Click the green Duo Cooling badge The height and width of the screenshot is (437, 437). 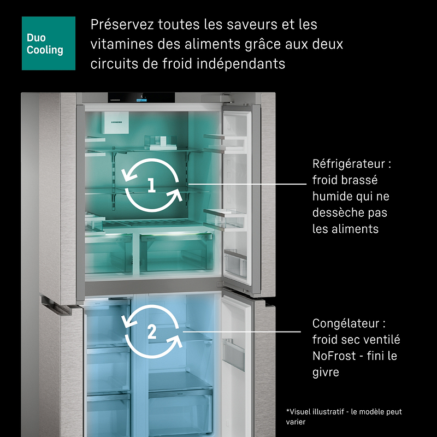pyautogui.click(x=49, y=43)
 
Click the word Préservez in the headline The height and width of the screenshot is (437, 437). pyautogui.click(x=122, y=24)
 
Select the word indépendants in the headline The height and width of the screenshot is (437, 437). pyautogui.click(x=241, y=64)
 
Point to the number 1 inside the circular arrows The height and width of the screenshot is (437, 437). pyautogui.click(x=151, y=185)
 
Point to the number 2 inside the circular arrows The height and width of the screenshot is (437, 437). pyautogui.click(x=152, y=332)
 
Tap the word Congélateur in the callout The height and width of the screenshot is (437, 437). pyautogui.click(x=346, y=323)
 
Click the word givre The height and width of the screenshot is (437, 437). pyautogui.click(x=326, y=373)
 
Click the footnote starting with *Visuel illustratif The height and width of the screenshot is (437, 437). pyautogui.click(x=344, y=417)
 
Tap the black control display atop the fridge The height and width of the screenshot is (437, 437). pyautogui.click(x=141, y=98)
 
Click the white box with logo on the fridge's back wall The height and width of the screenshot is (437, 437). pyautogui.click(x=115, y=122)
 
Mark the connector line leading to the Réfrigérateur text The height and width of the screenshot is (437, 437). pyautogui.click(x=247, y=184)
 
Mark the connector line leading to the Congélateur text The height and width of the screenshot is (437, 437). pyautogui.click(x=242, y=332)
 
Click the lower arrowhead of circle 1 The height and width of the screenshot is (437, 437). pyautogui.click(x=175, y=194)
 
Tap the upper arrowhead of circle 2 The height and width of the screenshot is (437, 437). pyautogui.click(x=129, y=321)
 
